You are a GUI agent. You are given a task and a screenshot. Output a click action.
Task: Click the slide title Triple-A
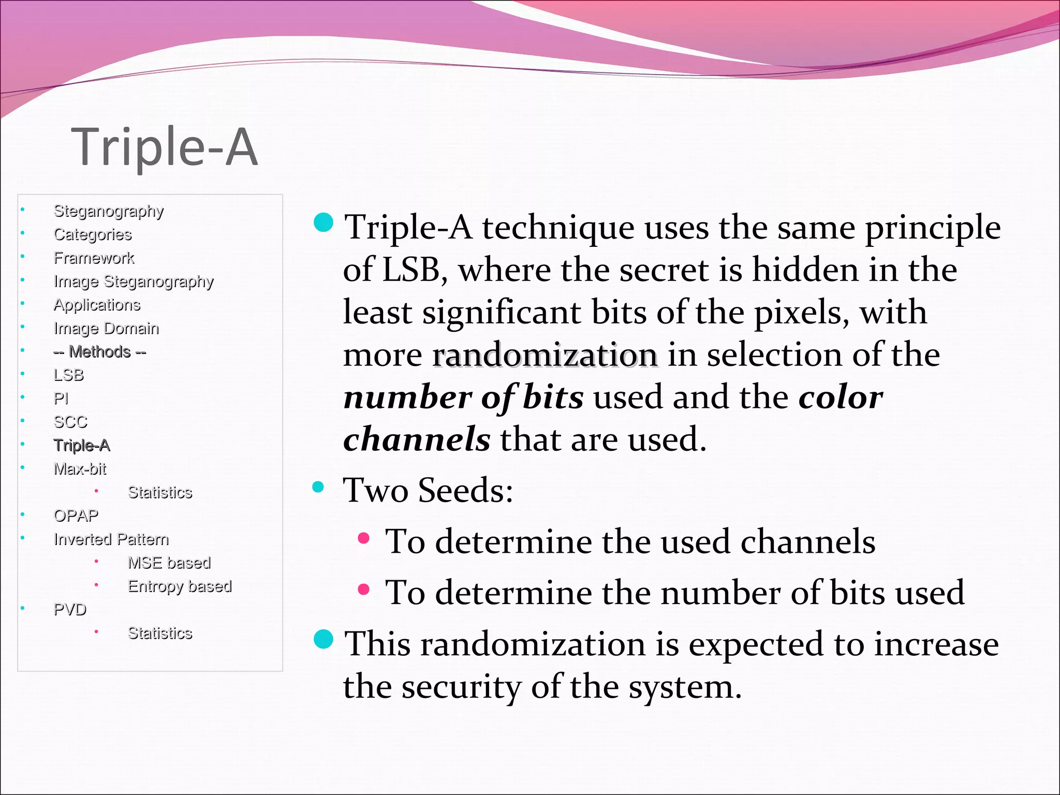coord(164,147)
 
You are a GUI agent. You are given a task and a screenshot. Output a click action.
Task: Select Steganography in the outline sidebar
coord(109,211)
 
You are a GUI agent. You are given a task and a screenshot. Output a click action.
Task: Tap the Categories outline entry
coord(93,234)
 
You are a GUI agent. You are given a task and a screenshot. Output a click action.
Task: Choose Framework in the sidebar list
coord(94,258)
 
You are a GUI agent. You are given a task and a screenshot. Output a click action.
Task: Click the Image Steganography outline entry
coord(134,282)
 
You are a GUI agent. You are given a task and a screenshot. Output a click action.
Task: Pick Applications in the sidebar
coord(97,305)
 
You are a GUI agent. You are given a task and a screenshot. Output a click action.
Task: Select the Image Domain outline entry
coord(106,328)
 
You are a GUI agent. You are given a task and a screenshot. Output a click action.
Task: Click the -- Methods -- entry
coord(99,352)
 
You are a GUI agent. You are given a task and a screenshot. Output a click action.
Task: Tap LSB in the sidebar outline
coord(68,375)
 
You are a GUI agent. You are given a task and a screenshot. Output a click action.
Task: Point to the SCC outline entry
coord(70,422)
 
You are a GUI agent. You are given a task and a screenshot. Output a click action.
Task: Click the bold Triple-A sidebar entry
coord(82,446)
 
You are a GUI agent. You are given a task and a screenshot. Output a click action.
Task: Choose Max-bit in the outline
coord(80,469)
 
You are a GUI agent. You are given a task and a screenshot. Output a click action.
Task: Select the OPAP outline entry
coord(76,516)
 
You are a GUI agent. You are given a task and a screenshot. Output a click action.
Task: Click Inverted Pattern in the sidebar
coord(111,539)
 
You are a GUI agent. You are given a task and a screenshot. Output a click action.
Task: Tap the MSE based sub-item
coord(169,563)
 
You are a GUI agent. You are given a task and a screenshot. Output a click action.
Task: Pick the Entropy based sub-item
coord(180,586)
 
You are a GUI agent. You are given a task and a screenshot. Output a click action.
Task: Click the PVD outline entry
coord(70,610)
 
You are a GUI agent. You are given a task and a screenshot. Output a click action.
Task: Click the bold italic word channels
coord(417,439)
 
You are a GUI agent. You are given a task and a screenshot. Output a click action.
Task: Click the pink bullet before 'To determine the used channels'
coord(363,538)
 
